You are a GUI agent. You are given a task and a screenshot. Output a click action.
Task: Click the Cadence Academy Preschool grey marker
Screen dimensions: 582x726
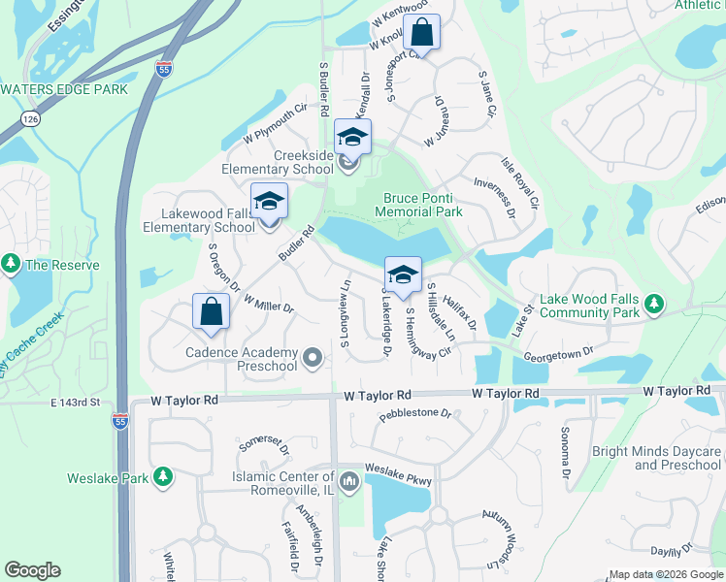coord(313,359)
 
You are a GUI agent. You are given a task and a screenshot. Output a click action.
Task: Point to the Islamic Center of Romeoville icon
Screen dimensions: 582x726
coord(349,477)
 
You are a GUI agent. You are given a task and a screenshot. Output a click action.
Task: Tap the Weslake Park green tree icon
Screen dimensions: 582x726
coord(163,477)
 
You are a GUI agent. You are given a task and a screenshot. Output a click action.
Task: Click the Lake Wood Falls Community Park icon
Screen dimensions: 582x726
coord(654,306)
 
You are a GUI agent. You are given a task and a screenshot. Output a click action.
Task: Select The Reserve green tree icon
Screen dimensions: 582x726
coord(12,265)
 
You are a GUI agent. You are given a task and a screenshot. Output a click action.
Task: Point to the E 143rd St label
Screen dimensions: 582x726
coord(77,402)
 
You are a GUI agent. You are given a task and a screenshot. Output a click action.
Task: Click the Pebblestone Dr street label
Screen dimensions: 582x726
coord(415,414)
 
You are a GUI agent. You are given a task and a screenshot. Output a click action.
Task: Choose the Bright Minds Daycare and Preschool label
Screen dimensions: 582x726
coord(657,458)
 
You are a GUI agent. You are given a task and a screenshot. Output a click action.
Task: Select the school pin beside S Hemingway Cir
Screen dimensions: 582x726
coord(403,275)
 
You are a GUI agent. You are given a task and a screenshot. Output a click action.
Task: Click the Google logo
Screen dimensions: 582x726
coord(33,570)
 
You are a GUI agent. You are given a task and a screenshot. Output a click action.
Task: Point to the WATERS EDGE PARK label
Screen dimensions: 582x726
coord(64,89)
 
